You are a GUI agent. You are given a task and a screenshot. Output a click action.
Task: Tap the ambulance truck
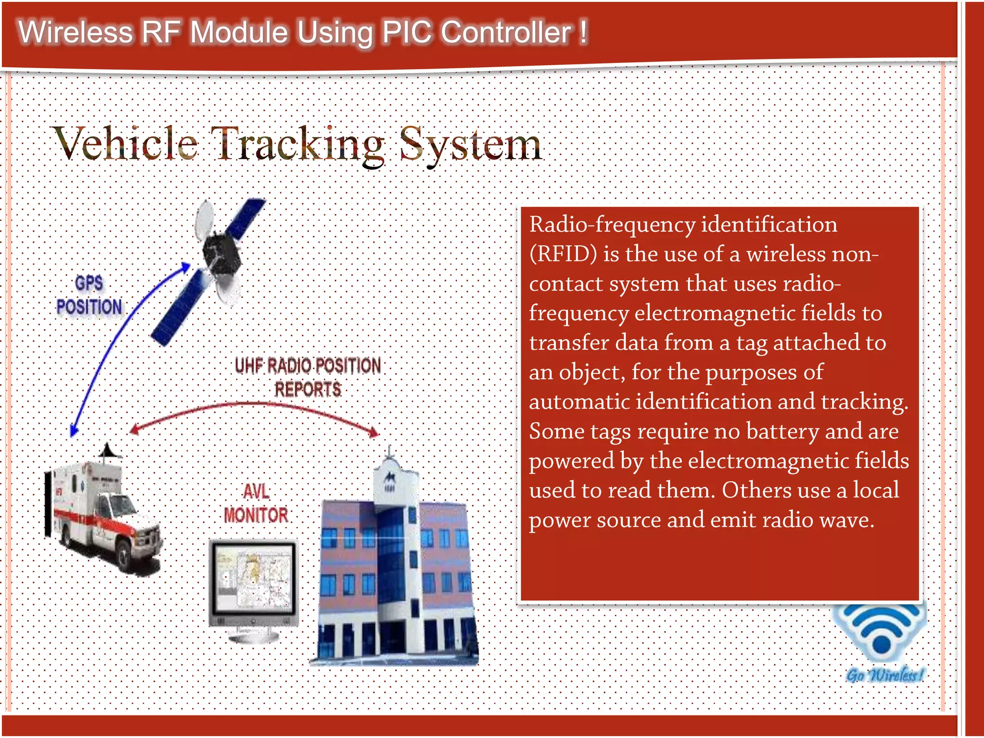[x=103, y=514]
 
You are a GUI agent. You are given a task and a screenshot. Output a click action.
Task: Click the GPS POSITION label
[x=89, y=295]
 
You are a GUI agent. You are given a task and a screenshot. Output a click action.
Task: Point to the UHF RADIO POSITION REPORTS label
[x=307, y=377]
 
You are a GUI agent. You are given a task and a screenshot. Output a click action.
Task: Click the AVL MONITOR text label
[x=256, y=504]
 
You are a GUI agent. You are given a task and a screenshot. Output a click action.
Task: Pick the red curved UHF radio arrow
[x=255, y=406]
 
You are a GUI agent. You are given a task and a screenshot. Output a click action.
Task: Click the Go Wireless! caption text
[x=884, y=675]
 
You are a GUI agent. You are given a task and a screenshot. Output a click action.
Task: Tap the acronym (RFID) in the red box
[x=563, y=254]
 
